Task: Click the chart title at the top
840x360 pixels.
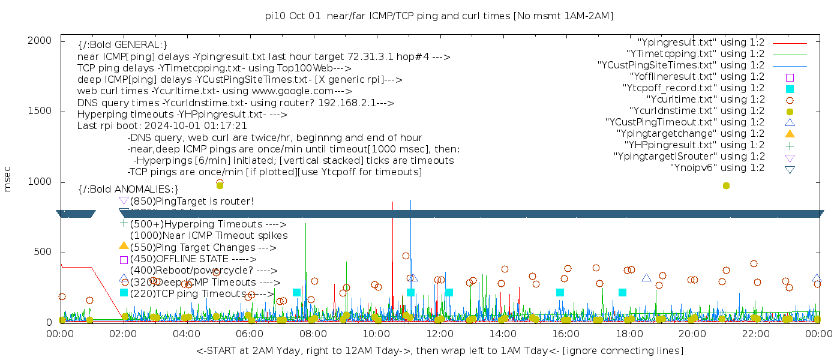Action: (x=439, y=16)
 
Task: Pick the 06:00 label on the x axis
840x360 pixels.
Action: (x=250, y=334)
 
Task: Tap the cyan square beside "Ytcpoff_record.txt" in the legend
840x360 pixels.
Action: (x=790, y=89)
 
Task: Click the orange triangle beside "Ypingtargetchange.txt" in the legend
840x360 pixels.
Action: (x=790, y=134)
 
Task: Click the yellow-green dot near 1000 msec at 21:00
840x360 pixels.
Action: (x=726, y=186)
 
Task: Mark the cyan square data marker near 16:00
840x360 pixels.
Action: (x=560, y=293)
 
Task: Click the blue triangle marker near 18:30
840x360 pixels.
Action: (x=646, y=278)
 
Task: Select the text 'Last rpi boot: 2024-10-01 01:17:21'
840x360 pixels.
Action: (x=162, y=126)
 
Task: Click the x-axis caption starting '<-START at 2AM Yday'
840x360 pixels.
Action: (x=439, y=350)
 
